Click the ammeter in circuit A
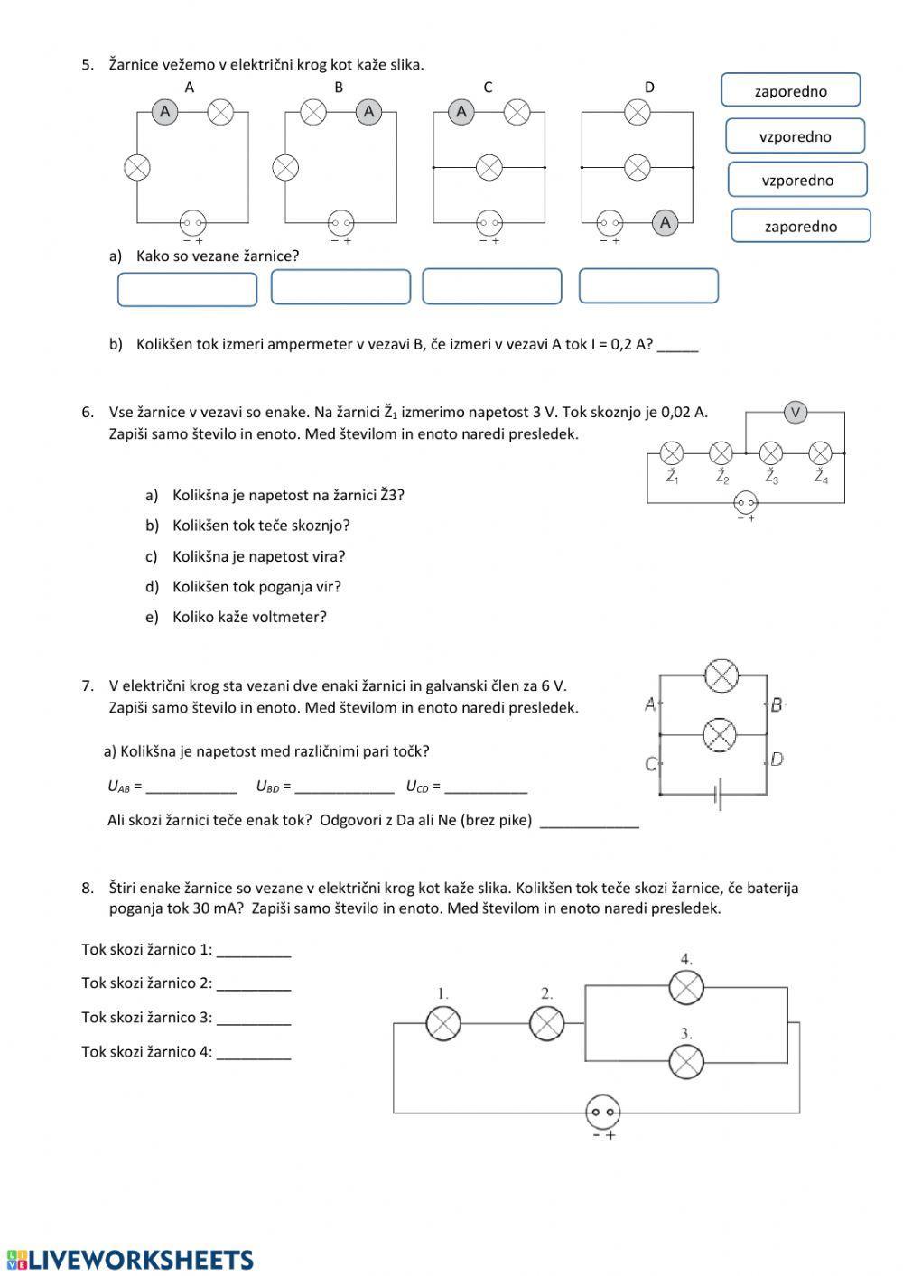[x=164, y=112]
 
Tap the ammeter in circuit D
[x=665, y=222]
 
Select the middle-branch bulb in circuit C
[x=489, y=167]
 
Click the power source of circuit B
[x=340, y=222]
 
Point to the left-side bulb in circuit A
[x=137, y=167]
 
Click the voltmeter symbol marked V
[x=796, y=413]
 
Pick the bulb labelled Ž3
[x=770, y=452]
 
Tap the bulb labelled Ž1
[x=672, y=452]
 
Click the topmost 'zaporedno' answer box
[x=791, y=90]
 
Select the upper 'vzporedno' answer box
[x=795, y=136]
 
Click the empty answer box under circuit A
[x=188, y=289]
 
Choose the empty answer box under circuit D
[x=648, y=285]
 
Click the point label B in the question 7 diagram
[x=777, y=704]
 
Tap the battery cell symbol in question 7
[x=718, y=796]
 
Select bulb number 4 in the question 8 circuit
[x=686, y=987]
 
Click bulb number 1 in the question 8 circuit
[x=442, y=1023]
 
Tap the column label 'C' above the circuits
[x=488, y=88]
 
